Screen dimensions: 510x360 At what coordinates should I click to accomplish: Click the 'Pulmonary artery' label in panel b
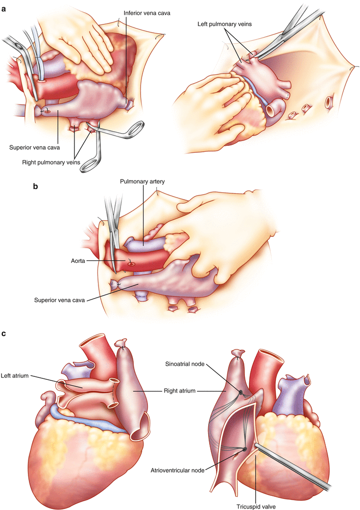(x=143, y=181)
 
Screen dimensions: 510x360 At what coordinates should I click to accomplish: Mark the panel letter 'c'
(x=4, y=334)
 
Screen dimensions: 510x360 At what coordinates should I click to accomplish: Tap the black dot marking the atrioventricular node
(x=244, y=449)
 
